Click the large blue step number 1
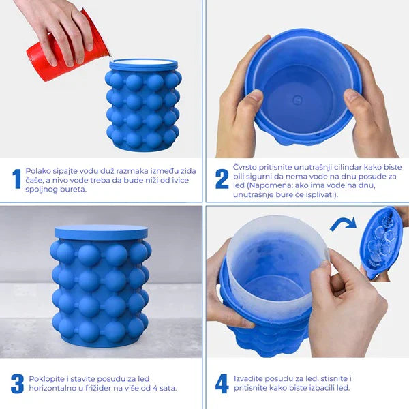tap(17, 179)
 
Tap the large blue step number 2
tap(222, 179)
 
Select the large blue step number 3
tap(18, 384)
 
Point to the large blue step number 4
tap(222, 384)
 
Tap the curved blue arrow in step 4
tap(344, 224)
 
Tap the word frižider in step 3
tap(98, 388)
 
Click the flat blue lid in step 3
tap(101, 232)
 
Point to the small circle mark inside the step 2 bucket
tap(297, 100)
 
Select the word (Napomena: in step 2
tap(264, 185)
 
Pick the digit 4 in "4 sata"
tap(155, 388)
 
